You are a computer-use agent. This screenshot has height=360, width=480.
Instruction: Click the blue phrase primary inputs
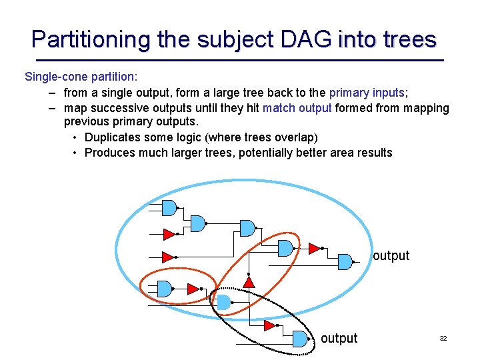click(x=367, y=93)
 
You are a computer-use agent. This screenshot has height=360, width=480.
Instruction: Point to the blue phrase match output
click(x=297, y=108)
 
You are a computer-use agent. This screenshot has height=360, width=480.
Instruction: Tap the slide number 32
click(x=443, y=339)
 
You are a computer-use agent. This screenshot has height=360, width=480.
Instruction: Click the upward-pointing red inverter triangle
click(x=249, y=282)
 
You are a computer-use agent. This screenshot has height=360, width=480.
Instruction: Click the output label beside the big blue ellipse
click(x=391, y=256)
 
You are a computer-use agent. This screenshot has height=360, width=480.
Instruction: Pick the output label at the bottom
click(x=339, y=339)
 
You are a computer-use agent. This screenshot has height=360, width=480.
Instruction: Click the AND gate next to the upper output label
click(x=345, y=260)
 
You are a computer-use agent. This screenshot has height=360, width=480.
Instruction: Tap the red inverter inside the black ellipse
click(x=269, y=326)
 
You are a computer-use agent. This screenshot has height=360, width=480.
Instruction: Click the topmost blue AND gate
click(x=170, y=208)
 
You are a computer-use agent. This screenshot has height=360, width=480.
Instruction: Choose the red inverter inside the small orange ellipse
click(x=193, y=289)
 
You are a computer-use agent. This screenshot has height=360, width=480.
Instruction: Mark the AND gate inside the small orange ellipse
click(x=165, y=289)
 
